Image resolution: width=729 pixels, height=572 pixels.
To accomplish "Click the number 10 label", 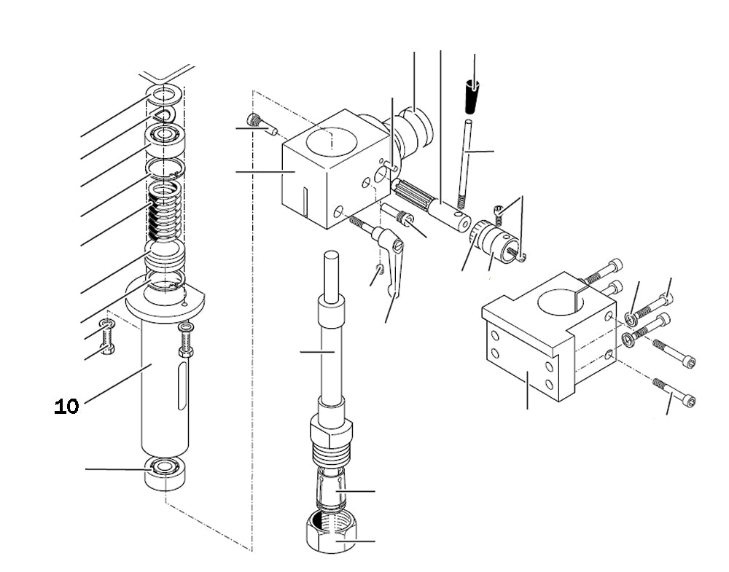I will coord(66,407).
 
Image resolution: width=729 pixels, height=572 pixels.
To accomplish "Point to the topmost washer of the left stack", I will coord(166,95).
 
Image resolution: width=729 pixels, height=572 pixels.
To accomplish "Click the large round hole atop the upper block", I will coord(333,138).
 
